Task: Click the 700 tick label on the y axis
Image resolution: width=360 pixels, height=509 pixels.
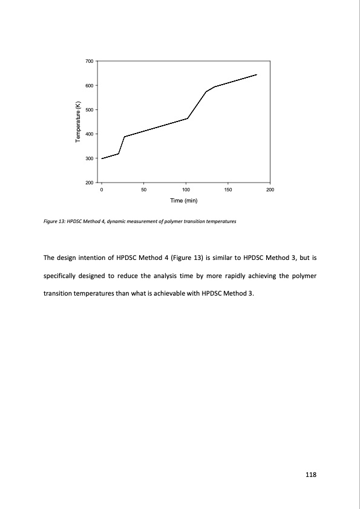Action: (x=89, y=62)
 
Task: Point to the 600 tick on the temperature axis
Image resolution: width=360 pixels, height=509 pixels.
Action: (x=89, y=86)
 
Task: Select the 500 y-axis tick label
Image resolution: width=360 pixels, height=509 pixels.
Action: (x=89, y=110)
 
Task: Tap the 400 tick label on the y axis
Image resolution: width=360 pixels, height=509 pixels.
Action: (x=89, y=134)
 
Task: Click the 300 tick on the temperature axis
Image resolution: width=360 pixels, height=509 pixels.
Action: (x=89, y=158)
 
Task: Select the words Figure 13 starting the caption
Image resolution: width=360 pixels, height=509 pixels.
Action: (x=54, y=221)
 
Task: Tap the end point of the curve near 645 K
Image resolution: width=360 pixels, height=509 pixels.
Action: (x=257, y=74)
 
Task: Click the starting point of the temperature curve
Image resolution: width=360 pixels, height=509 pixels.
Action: (x=102, y=158)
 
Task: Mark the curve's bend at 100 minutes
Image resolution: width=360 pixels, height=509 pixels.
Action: (x=188, y=118)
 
